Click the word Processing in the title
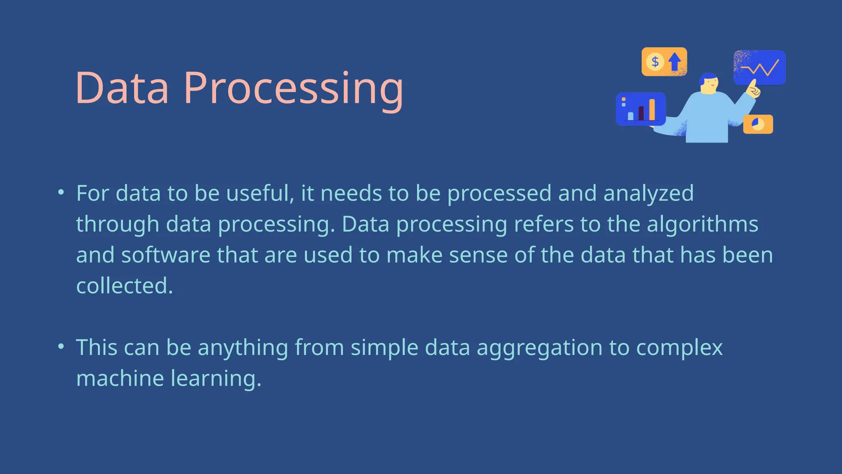coord(293,88)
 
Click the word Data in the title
coord(122,88)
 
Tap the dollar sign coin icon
coord(655,62)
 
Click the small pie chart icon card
coord(758,124)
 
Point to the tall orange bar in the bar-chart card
coord(652,109)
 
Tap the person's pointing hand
coord(753,89)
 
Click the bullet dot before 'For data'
coord(61,192)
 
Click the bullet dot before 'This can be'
coord(61,346)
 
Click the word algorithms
coord(702,224)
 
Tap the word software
coord(166,255)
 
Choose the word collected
coord(124,286)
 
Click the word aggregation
coord(539,348)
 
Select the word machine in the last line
coord(120,378)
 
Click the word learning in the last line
coord(215,379)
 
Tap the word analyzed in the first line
coord(648,194)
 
